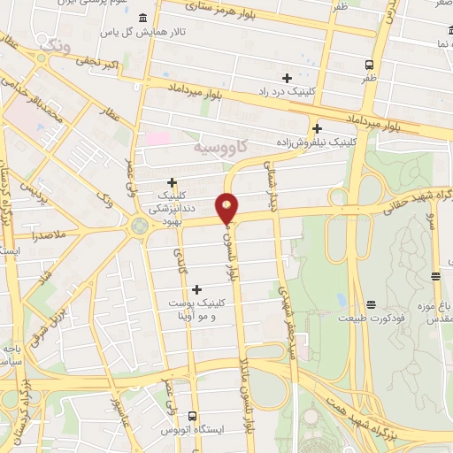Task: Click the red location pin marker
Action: coord(226,207)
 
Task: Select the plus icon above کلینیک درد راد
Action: coord(286,78)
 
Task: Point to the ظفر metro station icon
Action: coord(369,64)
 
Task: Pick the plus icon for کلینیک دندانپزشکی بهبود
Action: coord(172,182)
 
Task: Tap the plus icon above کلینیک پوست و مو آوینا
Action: coord(196,289)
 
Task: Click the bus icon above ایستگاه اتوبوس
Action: coord(192,417)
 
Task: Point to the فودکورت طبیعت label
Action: coord(398,318)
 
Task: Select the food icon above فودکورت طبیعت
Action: coord(372,304)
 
